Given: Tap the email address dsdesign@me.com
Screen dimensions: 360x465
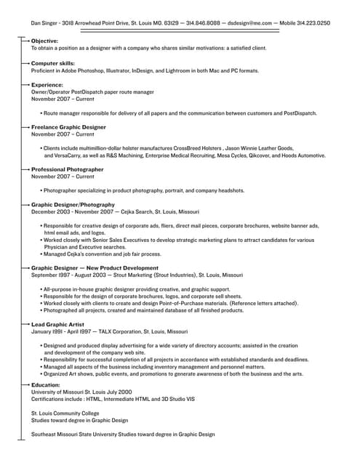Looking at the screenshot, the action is (248, 23).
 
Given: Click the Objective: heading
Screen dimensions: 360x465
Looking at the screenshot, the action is (44, 41).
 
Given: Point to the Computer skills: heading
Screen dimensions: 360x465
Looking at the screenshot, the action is (53, 63).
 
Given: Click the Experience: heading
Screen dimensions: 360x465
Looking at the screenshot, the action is (47, 85).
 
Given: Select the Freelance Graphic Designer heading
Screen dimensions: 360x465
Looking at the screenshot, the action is (68, 127).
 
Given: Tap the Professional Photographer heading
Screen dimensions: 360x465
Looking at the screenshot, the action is (67, 169).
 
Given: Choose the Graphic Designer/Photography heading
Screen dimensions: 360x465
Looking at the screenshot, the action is (73, 205).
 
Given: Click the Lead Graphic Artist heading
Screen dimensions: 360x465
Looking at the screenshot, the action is (57, 324).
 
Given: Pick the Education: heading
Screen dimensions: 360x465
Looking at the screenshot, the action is (45, 384).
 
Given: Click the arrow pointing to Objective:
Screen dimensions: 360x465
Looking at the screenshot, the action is (24, 41).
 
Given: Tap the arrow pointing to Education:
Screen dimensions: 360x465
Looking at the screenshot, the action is (24, 384).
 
